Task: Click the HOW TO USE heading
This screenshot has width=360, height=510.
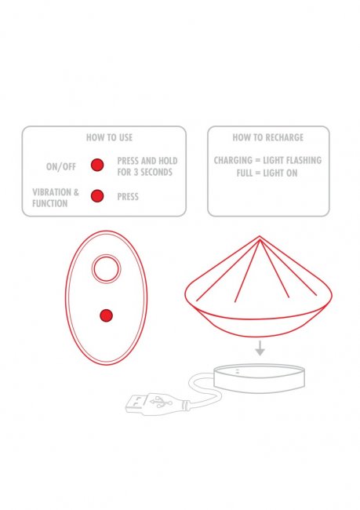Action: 109,137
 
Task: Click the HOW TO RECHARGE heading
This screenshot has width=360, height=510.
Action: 268,137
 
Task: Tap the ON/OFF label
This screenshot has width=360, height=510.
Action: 61,166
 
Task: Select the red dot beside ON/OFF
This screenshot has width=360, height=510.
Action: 97,165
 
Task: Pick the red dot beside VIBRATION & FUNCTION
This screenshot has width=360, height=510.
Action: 97,196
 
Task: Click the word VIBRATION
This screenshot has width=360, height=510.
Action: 52,192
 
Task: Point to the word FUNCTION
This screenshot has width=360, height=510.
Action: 49,204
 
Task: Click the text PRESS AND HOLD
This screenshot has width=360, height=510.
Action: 147,161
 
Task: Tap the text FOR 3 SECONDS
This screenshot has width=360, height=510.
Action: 145,172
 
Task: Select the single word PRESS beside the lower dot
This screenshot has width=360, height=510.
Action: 128,197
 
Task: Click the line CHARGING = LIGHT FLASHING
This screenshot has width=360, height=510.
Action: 267,160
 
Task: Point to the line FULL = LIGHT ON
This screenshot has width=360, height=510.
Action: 267,173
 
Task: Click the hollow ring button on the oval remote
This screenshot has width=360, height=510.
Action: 107,255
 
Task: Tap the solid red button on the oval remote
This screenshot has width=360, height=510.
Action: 107,315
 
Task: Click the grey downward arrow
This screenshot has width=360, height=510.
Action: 260,348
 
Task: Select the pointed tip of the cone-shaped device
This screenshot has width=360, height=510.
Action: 260,236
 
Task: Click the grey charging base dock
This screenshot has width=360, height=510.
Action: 259,378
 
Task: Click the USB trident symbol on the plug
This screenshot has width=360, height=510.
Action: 161,402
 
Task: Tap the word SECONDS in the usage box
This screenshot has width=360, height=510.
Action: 156,172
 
